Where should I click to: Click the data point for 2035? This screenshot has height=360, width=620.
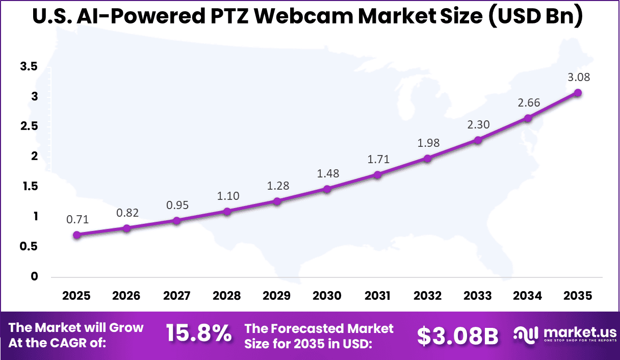click(x=578, y=93)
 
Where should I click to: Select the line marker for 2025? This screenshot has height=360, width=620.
click(x=77, y=235)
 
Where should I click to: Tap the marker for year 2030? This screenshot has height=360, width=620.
click(x=327, y=189)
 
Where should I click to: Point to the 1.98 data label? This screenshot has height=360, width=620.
click(x=428, y=143)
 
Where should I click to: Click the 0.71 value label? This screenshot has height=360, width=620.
click(x=77, y=220)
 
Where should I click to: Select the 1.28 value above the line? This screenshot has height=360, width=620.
click(x=277, y=186)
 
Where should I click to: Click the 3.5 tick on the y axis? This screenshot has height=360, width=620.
click(x=29, y=66)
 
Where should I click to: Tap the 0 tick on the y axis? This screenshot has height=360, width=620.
click(x=35, y=276)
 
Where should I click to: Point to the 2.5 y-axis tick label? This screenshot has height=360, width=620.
click(x=29, y=126)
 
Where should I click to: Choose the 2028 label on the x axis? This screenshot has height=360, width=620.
click(x=227, y=296)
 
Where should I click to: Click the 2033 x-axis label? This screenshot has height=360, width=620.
click(x=478, y=296)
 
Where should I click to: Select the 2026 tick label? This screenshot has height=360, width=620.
click(x=127, y=296)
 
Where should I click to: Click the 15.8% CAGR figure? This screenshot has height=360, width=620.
click(x=199, y=335)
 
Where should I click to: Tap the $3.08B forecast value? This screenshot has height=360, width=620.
click(x=457, y=335)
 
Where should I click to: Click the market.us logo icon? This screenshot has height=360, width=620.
click(x=525, y=335)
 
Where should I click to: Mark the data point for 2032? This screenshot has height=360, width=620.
click(x=427, y=159)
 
